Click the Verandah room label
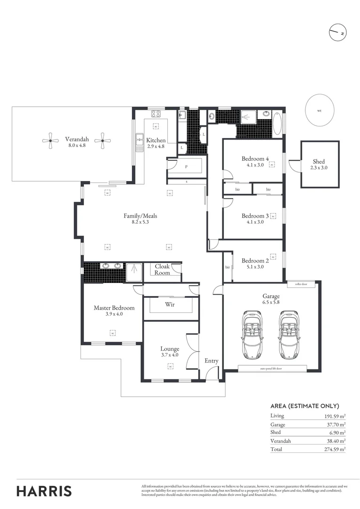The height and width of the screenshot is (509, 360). pos(77,139)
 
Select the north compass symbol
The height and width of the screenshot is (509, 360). pos(338,33)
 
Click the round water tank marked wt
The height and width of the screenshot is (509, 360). pos(319,111)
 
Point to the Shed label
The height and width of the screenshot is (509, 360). pos(318,162)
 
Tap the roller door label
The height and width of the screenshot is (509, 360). pos(301,284)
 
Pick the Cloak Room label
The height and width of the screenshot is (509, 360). pos(162,270)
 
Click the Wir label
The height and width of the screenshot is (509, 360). pos(170,304)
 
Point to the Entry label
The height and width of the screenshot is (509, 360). pos(211,361)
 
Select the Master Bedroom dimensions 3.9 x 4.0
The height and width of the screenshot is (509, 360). pos(114,314)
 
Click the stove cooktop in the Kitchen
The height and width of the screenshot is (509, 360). pos(156,114)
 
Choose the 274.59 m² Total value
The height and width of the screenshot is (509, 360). pos(335,450)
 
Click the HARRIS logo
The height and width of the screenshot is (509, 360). pos(44,491)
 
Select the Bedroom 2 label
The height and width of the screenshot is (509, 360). pos(255,261)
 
